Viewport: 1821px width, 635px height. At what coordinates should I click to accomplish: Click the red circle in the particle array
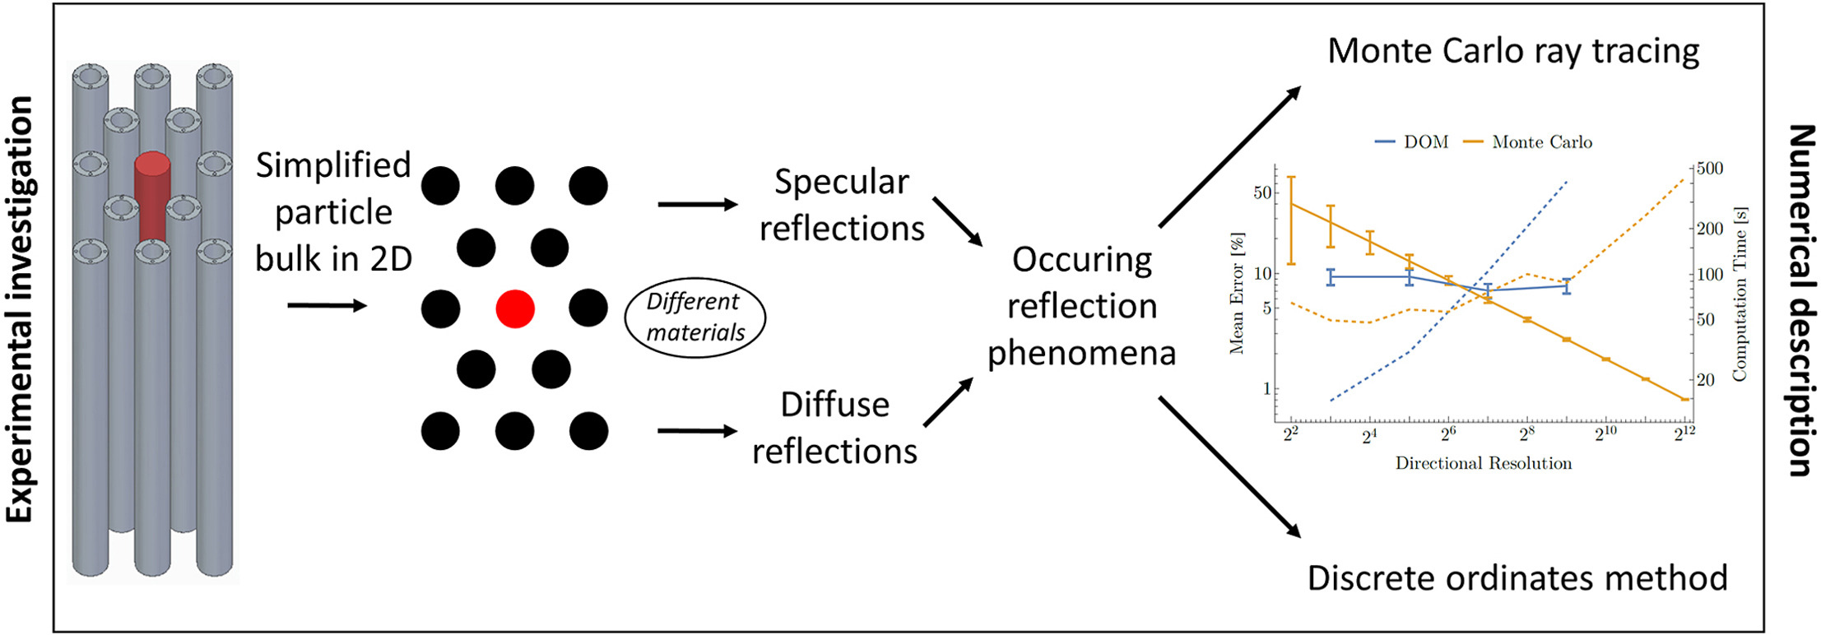pyautogui.click(x=515, y=308)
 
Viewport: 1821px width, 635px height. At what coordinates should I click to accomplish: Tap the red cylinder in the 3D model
pyautogui.click(x=152, y=197)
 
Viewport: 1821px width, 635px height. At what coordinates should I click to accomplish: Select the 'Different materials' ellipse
pyautogui.click(x=695, y=317)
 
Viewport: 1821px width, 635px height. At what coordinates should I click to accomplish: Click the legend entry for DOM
pyautogui.click(x=1411, y=142)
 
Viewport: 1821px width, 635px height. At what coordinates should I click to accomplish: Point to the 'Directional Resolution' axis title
pyautogui.click(x=1483, y=463)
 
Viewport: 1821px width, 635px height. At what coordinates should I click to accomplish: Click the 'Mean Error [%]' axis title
pyautogui.click(x=1236, y=294)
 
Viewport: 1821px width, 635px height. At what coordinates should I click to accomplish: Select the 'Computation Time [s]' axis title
pyautogui.click(x=1739, y=294)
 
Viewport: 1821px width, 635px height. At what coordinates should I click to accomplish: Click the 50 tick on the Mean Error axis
pyautogui.click(x=1260, y=192)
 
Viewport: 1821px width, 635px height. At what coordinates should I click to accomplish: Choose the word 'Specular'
pyautogui.click(x=841, y=182)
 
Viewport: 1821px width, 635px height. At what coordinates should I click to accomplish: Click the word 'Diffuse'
pyautogui.click(x=834, y=405)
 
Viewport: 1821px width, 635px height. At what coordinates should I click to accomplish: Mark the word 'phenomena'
pyautogui.click(x=1081, y=353)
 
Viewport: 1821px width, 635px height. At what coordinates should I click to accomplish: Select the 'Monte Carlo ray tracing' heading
pyautogui.click(x=1513, y=51)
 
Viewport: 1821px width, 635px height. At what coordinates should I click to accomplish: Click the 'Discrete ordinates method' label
pyautogui.click(x=1517, y=578)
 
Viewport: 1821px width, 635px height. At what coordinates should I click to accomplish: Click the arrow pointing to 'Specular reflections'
pyautogui.click(x=697, y=204)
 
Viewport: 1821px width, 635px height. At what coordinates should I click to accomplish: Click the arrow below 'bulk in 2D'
pyautogui.click(x=327, y=306)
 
